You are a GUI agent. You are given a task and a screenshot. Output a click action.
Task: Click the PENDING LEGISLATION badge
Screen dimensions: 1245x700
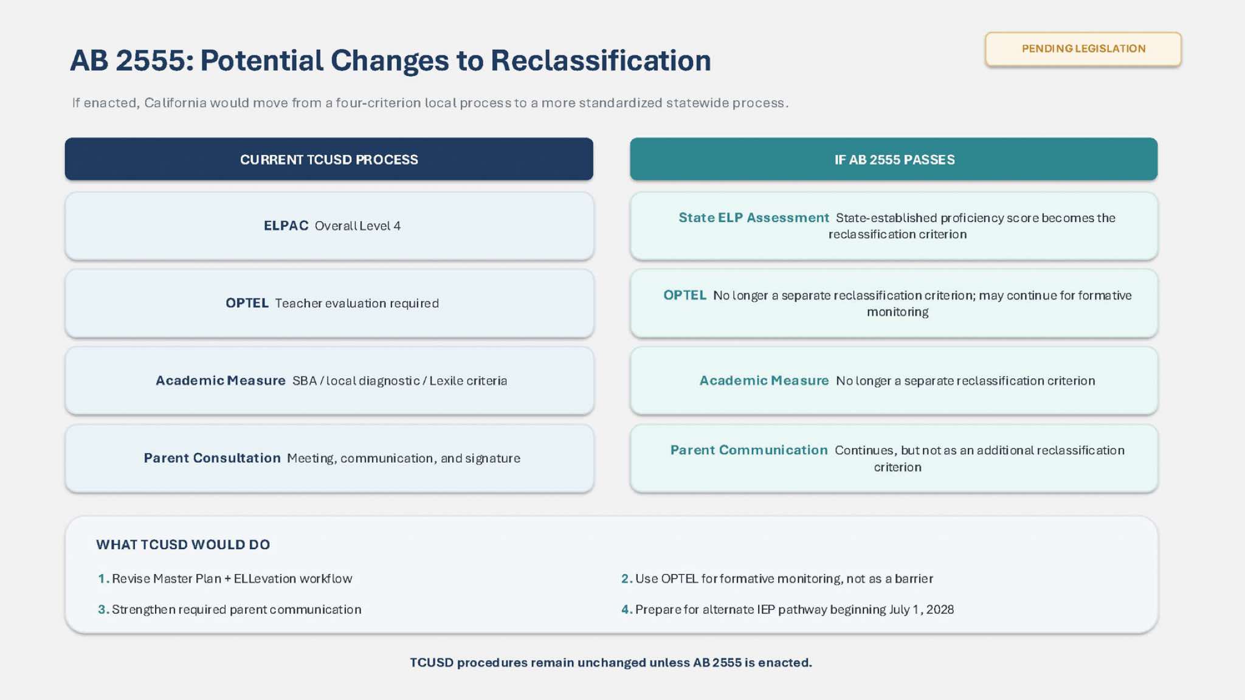[1083, 49]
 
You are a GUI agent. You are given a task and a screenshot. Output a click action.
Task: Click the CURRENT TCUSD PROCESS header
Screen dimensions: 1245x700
[329, 159]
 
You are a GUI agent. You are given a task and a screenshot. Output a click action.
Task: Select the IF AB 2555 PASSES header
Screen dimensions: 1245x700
[894, 159]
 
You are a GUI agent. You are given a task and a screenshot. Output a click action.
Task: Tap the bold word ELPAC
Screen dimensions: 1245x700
[286, 226]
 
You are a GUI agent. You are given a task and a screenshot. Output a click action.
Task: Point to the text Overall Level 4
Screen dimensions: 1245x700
[357, 226]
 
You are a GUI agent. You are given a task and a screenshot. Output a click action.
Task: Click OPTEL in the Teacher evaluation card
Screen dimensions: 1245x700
[247, 303]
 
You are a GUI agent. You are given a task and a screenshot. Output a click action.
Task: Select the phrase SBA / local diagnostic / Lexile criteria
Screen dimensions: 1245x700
[399, 381]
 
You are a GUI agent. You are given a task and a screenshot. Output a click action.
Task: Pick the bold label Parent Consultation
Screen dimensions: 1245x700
[212, 458]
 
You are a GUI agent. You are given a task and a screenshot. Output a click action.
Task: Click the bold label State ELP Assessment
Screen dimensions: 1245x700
[754, 218]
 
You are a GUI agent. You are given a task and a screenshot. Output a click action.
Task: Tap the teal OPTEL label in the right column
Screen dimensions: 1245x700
[685, 295]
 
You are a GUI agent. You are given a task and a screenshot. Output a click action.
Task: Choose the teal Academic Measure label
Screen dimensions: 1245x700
[764, 381]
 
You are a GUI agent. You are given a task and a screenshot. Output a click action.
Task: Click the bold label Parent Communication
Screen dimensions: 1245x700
[749, 450]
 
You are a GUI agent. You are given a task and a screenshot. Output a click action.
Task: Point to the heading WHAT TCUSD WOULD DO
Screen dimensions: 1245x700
[183, 544]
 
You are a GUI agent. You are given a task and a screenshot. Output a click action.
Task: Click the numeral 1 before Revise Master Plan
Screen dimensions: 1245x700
[102, 578]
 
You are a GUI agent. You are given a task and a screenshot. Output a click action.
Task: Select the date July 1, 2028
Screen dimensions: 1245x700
[921, 609]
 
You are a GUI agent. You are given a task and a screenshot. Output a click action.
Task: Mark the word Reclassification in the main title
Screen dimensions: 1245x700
[601, 60]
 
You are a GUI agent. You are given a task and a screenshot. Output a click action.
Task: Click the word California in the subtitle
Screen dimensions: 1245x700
[176, 103]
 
